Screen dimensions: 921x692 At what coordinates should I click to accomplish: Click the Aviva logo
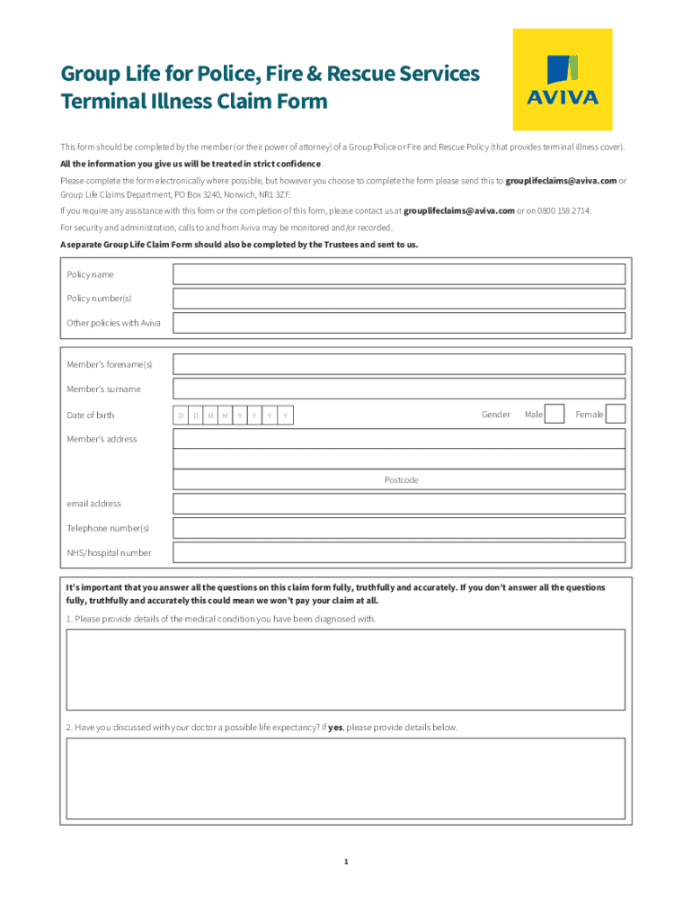pos(562,79)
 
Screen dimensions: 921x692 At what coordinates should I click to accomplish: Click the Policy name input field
pos(399,274)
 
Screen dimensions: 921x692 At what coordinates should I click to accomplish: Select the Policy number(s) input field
pos(399,299)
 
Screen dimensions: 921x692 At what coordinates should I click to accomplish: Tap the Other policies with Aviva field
pos(399,323)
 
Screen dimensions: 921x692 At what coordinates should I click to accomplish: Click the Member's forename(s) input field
pos(399,364)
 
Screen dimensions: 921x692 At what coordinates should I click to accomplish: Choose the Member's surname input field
pos(399,389)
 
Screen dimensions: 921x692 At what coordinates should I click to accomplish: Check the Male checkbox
pos(555,414)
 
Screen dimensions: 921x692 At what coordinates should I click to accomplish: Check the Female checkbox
pos(616,414)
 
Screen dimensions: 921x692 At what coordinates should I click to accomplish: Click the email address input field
pos(399,504)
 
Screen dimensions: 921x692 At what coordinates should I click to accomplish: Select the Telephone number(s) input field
pos(399,528)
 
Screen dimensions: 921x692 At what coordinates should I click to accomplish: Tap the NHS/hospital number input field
pos(399,552)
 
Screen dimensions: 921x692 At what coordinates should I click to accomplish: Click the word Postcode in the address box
pos(402,480)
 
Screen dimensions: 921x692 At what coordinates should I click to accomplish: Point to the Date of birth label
pos(91,415)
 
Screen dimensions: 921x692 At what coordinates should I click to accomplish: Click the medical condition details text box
pos(346,669)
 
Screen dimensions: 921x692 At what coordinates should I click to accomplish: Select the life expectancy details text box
pos(346,778)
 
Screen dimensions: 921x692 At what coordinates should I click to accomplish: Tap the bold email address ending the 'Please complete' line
pos(561,181)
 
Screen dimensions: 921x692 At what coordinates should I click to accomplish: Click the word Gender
pos(496,415)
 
